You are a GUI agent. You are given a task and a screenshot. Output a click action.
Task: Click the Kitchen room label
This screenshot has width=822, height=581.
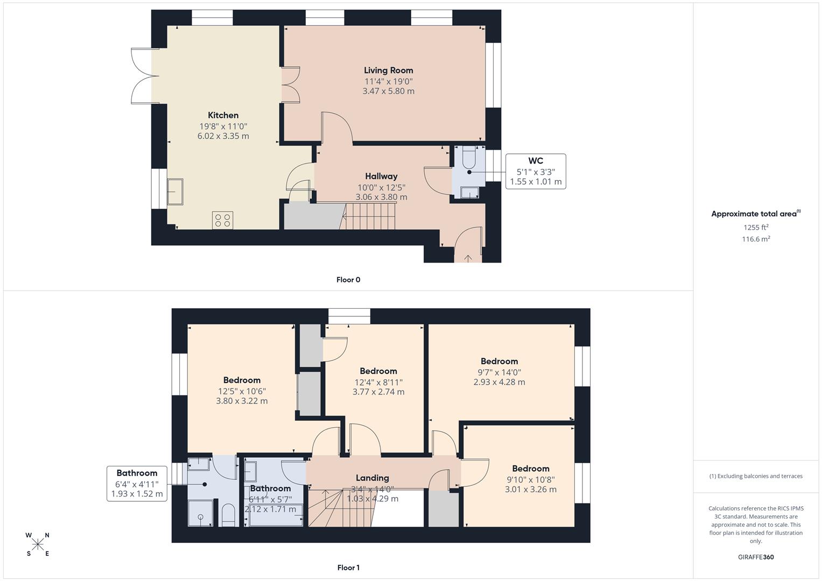pyautogui.click(x=223, y=115)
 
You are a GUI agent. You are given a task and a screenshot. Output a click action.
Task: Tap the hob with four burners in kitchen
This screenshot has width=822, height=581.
pyautogui.click(x=222, y=219)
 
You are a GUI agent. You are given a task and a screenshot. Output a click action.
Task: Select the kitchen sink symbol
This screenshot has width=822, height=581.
pyautogui.click(x=175, y=192)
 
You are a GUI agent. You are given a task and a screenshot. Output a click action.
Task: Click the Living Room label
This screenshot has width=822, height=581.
pyautogui.click(x=388, y=70)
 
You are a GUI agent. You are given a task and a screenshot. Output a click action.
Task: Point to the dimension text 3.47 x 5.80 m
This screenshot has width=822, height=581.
pyautogui.click(x=388, y=91)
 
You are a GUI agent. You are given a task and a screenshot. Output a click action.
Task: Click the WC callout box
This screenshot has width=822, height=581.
pyautogui.click(x=535, y=171)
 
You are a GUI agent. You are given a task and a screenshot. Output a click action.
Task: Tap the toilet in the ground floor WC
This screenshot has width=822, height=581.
pyautogui.click(x=468, y=157)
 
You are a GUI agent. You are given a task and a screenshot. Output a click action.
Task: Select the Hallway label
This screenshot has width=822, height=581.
pyautogui.click(x=381, y=176)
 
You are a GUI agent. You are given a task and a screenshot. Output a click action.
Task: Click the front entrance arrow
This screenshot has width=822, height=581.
pyautogui.click(x=468, y=258)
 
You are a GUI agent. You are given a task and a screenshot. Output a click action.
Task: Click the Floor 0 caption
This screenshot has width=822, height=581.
pyautogui.click(x=348, y=280)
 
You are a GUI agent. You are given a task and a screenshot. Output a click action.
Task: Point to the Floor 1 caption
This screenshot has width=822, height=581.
pyautogui.click(x=348, y=568)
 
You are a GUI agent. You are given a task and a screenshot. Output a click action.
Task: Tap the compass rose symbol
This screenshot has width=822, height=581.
pyautogui.click(x=38, y=544)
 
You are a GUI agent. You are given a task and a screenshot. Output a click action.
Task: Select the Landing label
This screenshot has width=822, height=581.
pyautogui.click(x=372, y=478)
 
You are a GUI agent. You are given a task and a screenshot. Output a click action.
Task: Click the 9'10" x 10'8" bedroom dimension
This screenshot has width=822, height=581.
pyautogui.click(x=530, y=480)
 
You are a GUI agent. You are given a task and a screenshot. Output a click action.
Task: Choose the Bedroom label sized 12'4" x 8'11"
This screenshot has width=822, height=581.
pyautogui.click(x=378, y=371)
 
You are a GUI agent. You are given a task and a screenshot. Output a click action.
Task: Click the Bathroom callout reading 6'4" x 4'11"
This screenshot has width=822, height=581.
pyautogui.click(x=137, y=483)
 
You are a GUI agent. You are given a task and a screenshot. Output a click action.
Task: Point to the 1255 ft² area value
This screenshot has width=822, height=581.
pyautogui.click(x=756, y=228)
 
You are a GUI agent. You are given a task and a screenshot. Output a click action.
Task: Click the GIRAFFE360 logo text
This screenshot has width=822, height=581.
pyautogui.click(x=756, y=557)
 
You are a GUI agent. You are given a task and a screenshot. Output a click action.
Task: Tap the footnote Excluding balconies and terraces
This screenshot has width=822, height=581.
pyautogui.click(x=756, y=476)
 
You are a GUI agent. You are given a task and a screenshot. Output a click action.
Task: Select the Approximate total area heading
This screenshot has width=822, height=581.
pyautogui.click(x=755, y=214)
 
